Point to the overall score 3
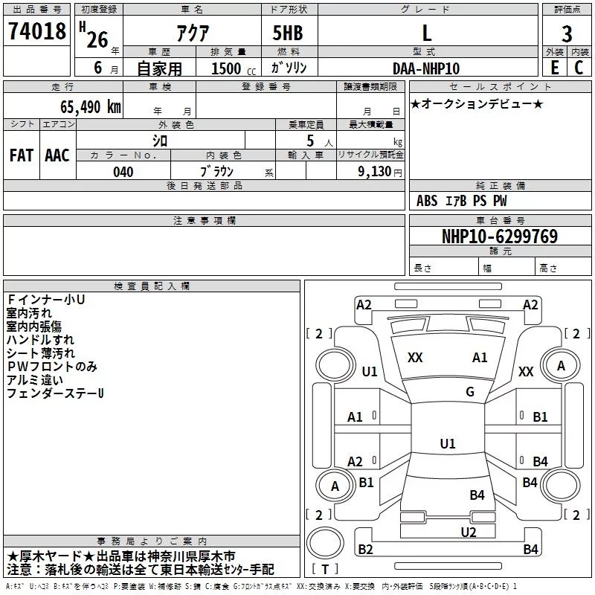pyautogui.click(x=567, y=35)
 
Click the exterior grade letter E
pyautogui.click(x=554, y=68)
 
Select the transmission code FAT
pyautogui.click(x=22, y=155)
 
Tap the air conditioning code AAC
pyautogui.click(x=57, y=155)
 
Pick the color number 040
pyautogui.click(x=123, y=172)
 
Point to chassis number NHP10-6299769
pyautogui.click(x=500, y=237)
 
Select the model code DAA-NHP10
pyautogui.click(x=426, y=68)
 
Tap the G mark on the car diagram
pyautogui.click(x=469, y=392)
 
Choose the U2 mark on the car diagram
pyautogui.click(x=468, y=532)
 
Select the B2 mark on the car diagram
pyautogui.click(x=365, y=550)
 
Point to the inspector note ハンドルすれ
pyautogui.click(x=40, y=340)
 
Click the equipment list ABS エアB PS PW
pyautogui.click(x=462, y=201)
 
